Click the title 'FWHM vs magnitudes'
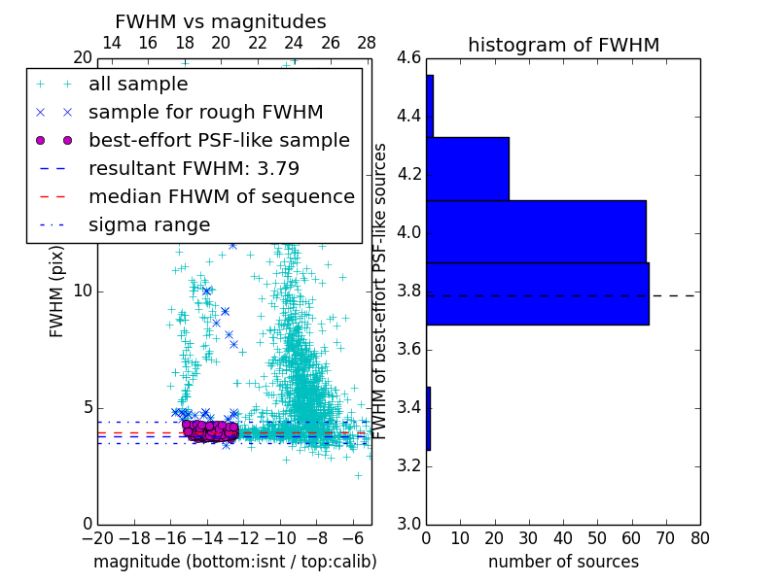click(221, 21)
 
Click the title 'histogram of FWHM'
click(563, 45)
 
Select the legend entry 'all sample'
click(138, 85)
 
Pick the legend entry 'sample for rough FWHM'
click(205, 112)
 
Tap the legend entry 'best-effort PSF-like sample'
click(219, 140)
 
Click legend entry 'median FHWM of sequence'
click(221, 196)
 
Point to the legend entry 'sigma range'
click(149, 224)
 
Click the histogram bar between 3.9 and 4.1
click(536, 231)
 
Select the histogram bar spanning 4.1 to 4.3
click(468, 168)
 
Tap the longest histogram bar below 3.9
click(537, 293)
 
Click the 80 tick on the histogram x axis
click(699, 538)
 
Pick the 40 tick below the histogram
click(563, 538)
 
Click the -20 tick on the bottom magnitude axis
click(97, 538)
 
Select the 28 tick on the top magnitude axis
click(367, 43)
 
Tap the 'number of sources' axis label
click(563, 562)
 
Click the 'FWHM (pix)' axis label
click(57, 291)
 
